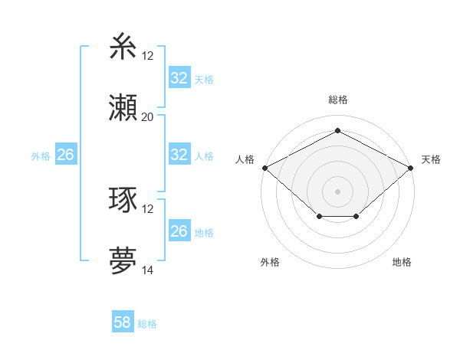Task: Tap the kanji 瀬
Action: [123, 108]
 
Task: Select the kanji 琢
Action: [123, 201]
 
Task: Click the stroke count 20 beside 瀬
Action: [148, 117]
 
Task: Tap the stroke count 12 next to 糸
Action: [148, 55]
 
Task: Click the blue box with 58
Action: [123, 322]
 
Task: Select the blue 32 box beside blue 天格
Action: [179, 78]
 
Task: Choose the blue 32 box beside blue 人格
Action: [179, 155]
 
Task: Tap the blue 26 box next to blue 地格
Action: [179, 231]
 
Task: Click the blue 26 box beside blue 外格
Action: [65, 155]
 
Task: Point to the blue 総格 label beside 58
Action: [147, 324]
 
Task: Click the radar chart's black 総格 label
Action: [337, 100]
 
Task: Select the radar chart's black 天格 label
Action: [431, 159]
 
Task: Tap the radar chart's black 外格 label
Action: [270, 262]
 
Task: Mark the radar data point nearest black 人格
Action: [264, 167]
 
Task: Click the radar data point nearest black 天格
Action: [411, 167]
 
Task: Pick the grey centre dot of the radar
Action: [337, 191]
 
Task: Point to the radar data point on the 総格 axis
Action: [337, 130]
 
